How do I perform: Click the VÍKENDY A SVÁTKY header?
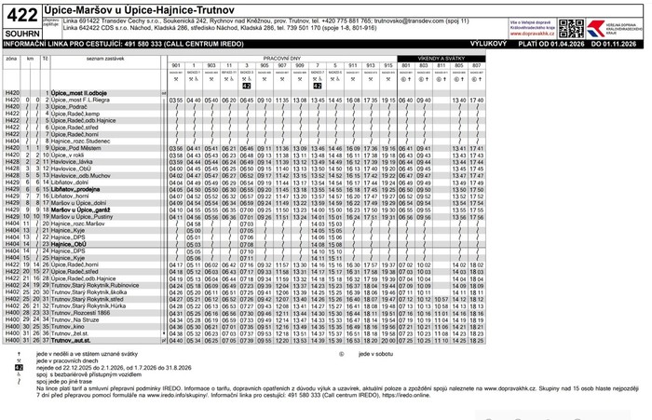click(441, 58)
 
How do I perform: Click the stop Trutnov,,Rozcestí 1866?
click(84, 314)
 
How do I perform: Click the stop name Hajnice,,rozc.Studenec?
click(82, 142)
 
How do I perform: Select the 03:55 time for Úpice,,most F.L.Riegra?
click(176, 101)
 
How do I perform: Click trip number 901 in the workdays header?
click(176, 65)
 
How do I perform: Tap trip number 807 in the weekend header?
click(476, 65)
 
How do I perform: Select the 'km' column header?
click(30, 58)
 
